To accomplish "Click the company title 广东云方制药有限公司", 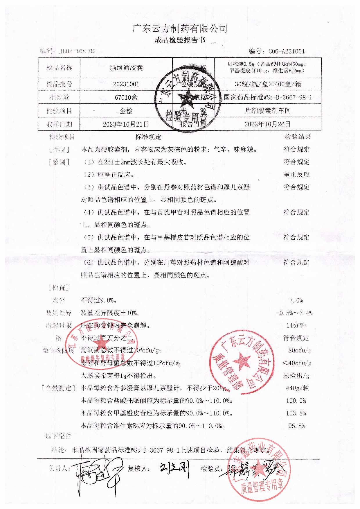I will tap(180, 28).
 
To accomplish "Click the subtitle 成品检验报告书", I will tap(180, 40).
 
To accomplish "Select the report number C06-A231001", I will tap(287, 51).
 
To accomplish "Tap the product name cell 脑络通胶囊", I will tap(126, 68).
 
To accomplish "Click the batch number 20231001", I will tap(126, 84).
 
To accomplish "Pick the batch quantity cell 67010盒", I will tap(126, 97).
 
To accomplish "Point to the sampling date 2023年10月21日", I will tap(126, 124).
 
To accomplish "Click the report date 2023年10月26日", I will tap(267, 124).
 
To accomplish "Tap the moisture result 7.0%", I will tap(296, 300).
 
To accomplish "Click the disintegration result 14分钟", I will tap(296, 325).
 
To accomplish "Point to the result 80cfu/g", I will tap(300, 350).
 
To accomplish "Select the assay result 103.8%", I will tap(296, 413).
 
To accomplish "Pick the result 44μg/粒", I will tap(297, 388).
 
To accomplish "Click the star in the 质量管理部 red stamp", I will tap(242, 361).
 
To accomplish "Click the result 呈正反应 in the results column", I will tap(296, 175).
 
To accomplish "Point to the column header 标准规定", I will tap(148, 137).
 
